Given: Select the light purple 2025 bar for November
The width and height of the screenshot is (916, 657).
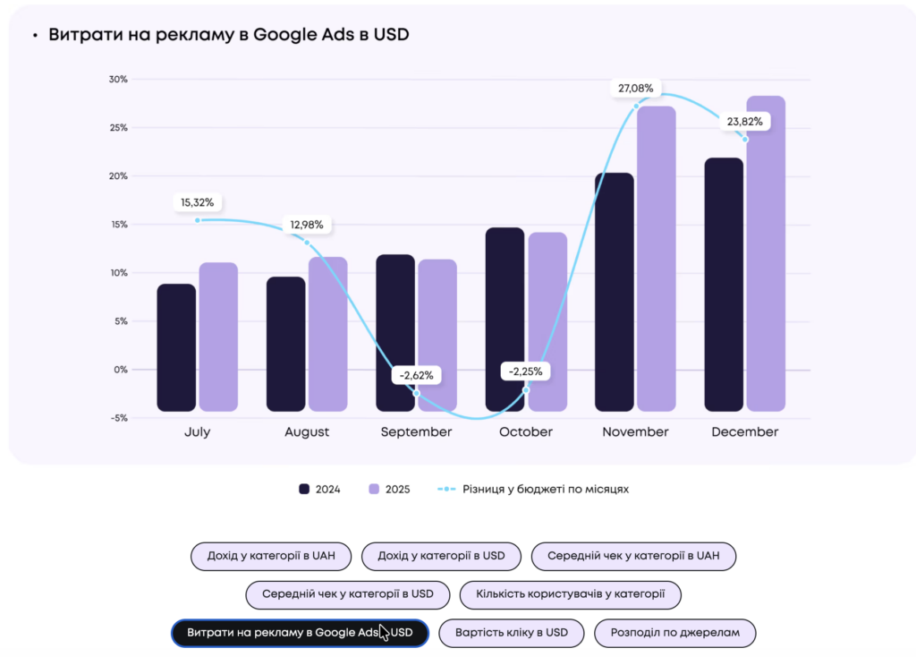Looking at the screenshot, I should point(657,259).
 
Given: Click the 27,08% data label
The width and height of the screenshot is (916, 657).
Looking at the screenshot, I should point(636,89).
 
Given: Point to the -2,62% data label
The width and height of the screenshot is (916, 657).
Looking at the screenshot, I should point(417,375).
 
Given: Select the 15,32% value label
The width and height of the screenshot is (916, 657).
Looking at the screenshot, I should point(198,203).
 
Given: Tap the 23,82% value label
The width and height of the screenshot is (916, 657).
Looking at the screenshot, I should point(745,122).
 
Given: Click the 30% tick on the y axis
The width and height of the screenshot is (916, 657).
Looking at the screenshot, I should point(118,80).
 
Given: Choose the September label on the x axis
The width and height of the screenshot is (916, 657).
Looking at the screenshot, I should point(416,432).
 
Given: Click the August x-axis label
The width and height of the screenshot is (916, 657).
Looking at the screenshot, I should point(307,432).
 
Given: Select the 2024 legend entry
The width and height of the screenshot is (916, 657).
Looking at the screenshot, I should point(321,490).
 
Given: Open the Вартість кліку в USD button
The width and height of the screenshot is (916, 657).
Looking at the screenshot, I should point(512,633).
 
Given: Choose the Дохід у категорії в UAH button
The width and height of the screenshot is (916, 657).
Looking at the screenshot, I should point(271,556).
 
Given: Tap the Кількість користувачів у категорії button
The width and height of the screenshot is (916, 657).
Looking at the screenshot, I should point(570,594).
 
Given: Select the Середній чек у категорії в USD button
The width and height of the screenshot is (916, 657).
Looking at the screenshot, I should point(348,594).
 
